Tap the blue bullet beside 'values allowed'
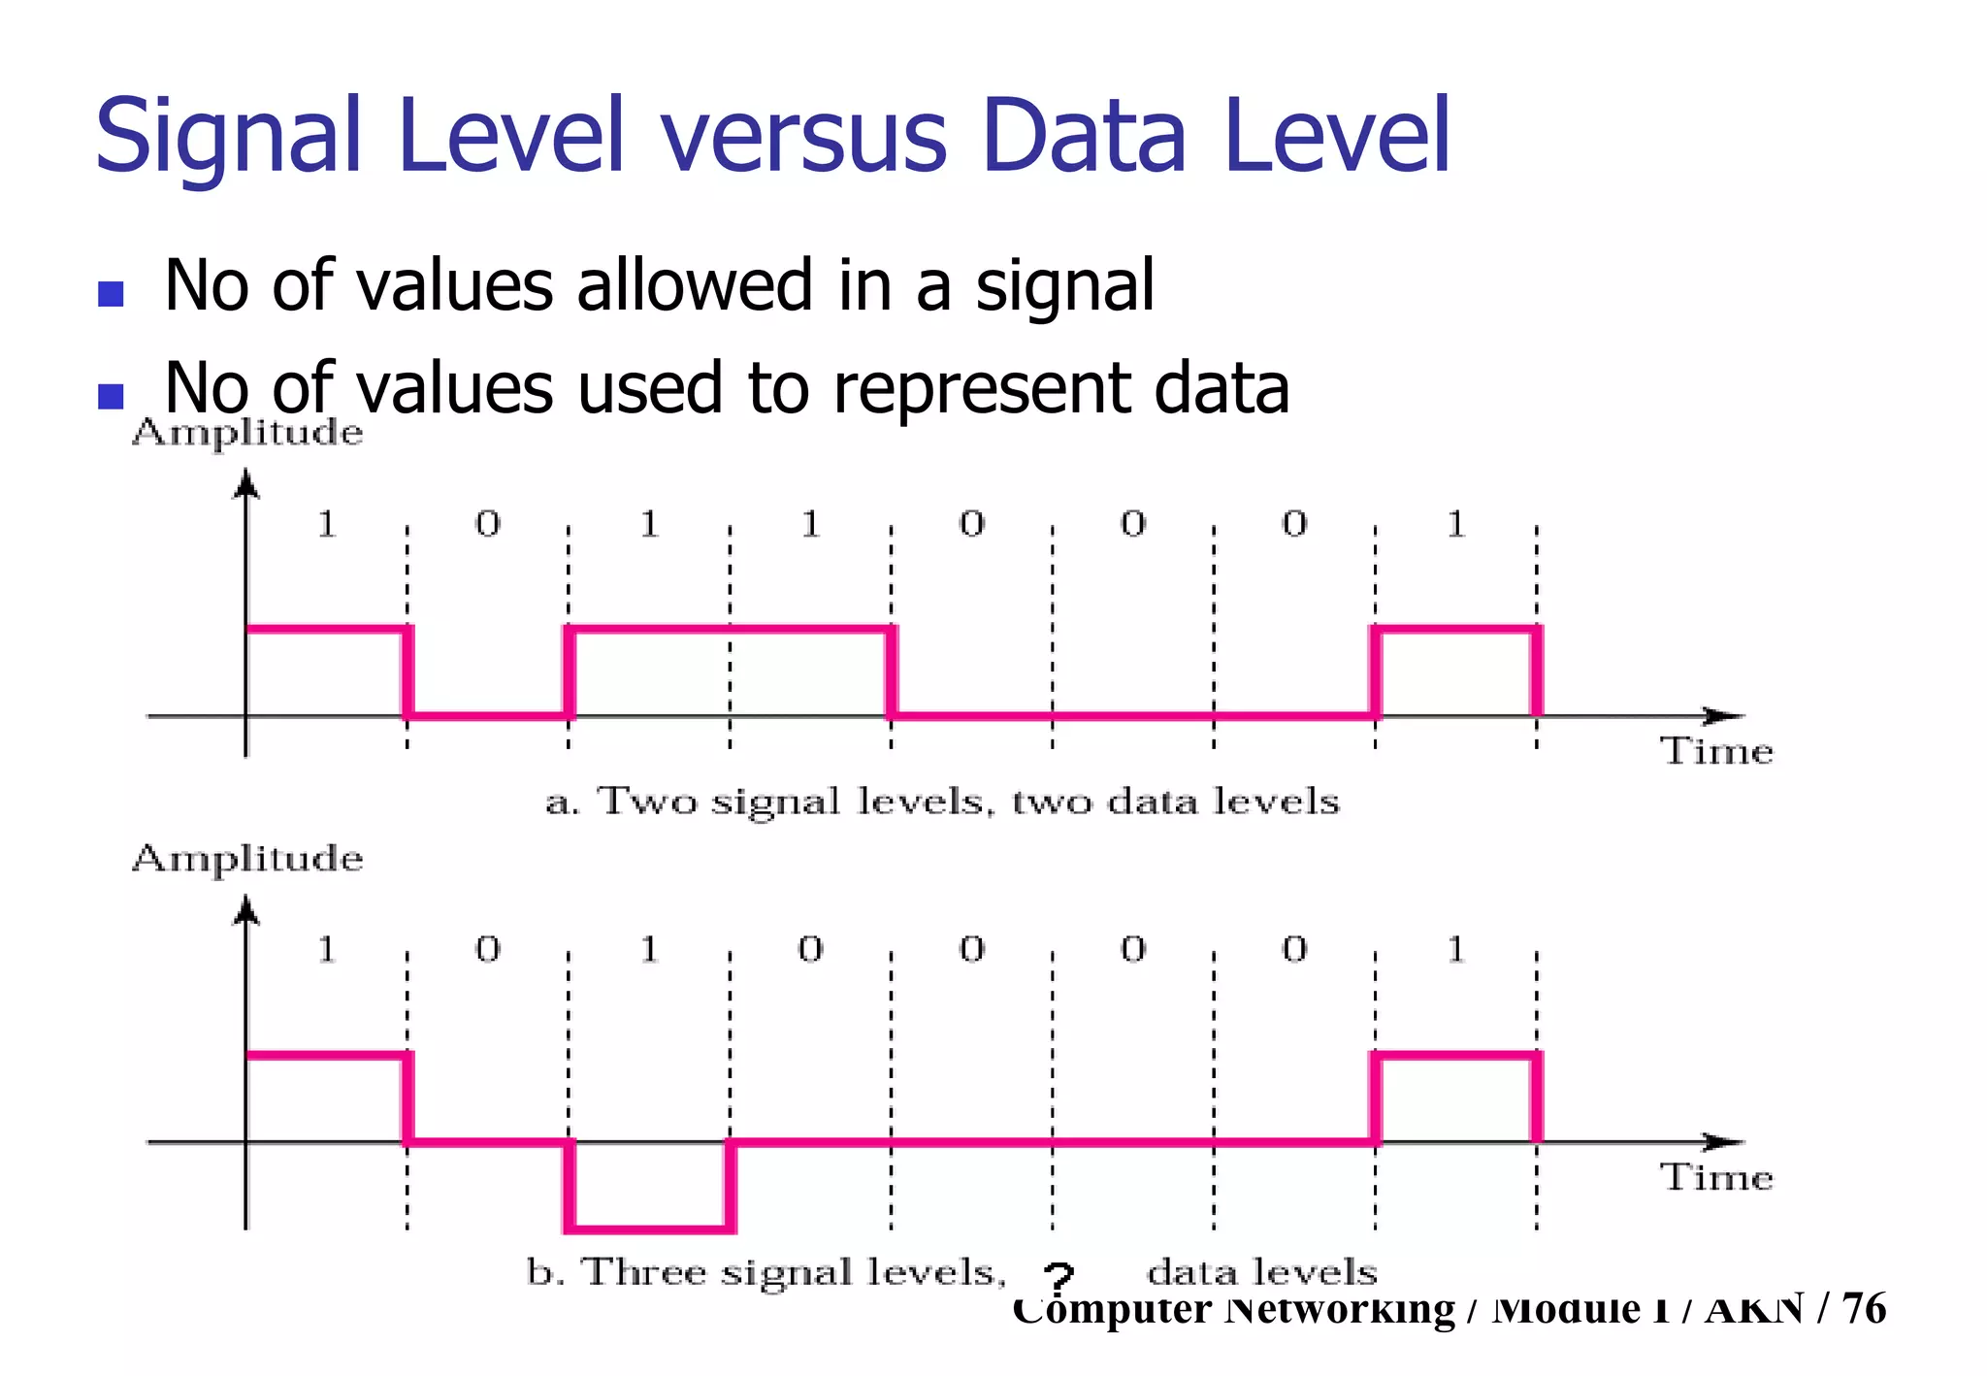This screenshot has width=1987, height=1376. pos(112,293)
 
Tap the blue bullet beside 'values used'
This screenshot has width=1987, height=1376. pos(112,396)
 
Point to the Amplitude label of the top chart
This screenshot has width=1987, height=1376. pos(247,433)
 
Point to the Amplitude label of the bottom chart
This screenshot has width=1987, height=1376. pos(247,859)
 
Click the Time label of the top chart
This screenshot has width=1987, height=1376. pos(1716,752)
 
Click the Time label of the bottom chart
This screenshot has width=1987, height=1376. pos(1716,1177)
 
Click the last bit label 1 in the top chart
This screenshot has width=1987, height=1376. pos(1455,525)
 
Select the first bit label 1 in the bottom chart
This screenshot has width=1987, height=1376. pos(327,949)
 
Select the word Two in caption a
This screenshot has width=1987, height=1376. pos(646,803)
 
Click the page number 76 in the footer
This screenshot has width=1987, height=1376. pos(1864,1308)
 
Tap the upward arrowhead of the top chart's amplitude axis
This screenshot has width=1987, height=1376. pos(247,483)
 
